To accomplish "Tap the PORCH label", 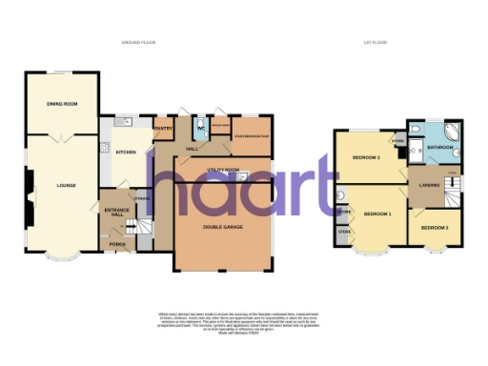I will pos(117,244).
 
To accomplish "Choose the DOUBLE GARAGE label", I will pos(221,225).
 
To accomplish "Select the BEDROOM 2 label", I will pos(366,157).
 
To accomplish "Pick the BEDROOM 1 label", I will pos(378,213).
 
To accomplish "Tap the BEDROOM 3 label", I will pos(435,228).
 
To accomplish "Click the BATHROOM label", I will pos(439,148).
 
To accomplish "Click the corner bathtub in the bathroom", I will pos(453,132).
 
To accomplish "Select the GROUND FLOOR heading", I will pos(139,43).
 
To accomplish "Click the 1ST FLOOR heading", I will pos(389,43).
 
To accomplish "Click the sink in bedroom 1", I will pos(341,198).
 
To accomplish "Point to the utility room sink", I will pos(244,175).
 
